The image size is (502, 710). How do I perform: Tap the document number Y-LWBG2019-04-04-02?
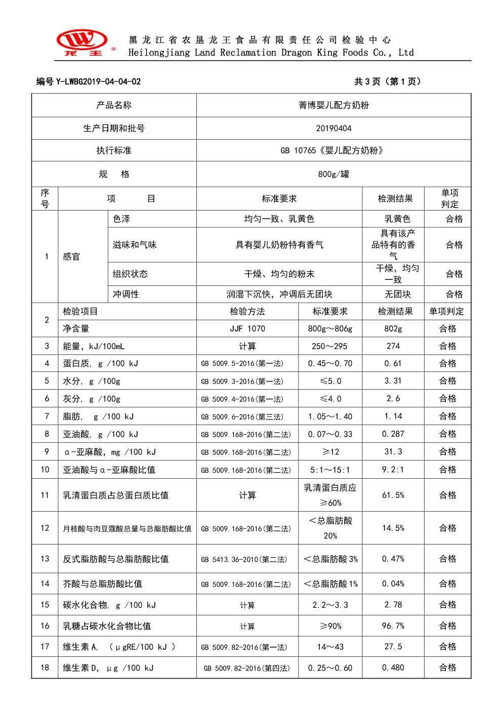tap(89, 81)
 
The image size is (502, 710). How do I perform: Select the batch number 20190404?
tap(333, 129)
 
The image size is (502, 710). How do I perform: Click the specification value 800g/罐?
tap(333, 174)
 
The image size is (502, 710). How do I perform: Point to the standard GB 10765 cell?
tap(333, 151)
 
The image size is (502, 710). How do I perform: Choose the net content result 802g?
tap(393, 329)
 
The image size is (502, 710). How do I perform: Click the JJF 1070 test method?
tap(247, 329)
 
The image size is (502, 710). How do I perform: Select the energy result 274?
tap(393, 346)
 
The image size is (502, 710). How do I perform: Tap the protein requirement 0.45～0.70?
tap(330, 363)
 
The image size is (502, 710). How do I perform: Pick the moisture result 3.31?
tap(393, 381)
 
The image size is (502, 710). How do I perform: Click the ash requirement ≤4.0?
tap(330, 398)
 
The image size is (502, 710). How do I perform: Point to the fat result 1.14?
tap(393, 416)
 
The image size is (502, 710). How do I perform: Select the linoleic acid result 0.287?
tap(393, 434)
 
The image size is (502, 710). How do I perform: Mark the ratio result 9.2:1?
tap(393, 470)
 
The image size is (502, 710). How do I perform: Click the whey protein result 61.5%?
tap(393, 495)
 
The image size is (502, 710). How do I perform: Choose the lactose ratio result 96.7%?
tap(393, 626)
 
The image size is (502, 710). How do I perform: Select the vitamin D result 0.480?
tap(393, 667)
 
